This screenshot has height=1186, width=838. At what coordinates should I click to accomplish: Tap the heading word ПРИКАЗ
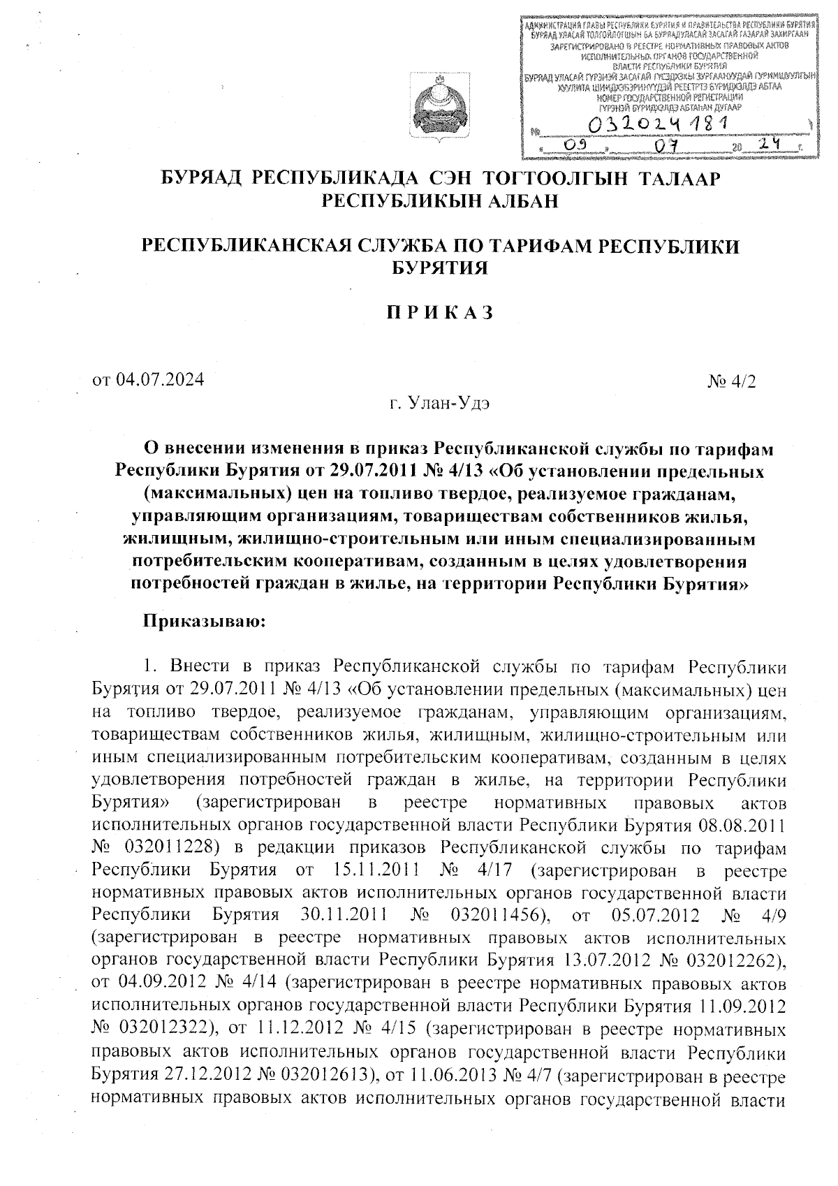pos(440,313)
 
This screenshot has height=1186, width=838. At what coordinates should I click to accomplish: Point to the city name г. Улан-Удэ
pos(440,404)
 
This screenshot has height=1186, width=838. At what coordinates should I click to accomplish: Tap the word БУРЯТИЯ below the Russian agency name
pos(440,268)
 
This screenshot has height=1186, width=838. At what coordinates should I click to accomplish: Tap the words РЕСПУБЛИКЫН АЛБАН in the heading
pos(440,202)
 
